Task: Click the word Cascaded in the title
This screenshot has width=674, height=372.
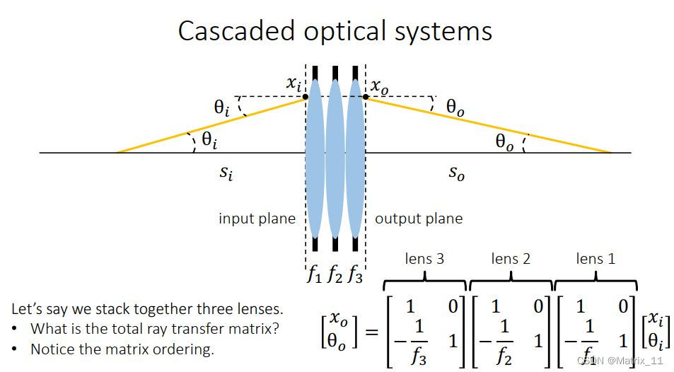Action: pos(237,32)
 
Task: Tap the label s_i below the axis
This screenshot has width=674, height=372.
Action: pos(226,172)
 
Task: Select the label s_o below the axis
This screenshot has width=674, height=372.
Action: pos(457,172)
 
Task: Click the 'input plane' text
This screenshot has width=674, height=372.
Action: pos(257,219)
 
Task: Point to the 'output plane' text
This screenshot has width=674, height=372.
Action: pos(419,219)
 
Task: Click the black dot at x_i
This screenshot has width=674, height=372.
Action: pos(306,97)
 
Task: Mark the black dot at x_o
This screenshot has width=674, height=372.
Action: pos(365,97)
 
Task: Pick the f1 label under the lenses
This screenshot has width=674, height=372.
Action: pos(314,274)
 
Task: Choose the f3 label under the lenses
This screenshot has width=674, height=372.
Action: pos(354,274)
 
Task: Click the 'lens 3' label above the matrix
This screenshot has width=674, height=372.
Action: pos(424,259)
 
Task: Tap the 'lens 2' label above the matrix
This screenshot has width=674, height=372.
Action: pos(511,259)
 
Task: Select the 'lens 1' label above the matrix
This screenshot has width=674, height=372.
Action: pos(595,259)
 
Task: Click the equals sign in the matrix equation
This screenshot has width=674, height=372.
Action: pos(371,332)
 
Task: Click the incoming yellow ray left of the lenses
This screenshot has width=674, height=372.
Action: pos(212,124)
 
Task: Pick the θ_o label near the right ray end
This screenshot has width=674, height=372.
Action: pos(505,142)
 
